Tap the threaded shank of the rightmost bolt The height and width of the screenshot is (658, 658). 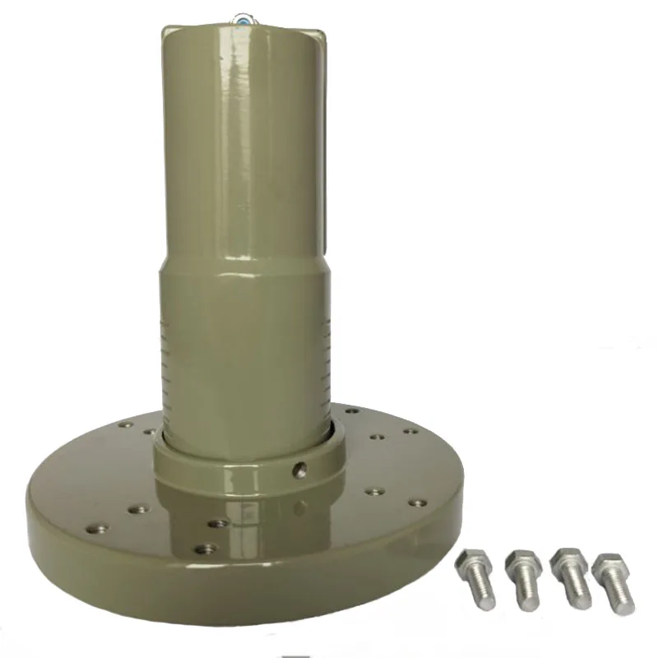tap(619, 595)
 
